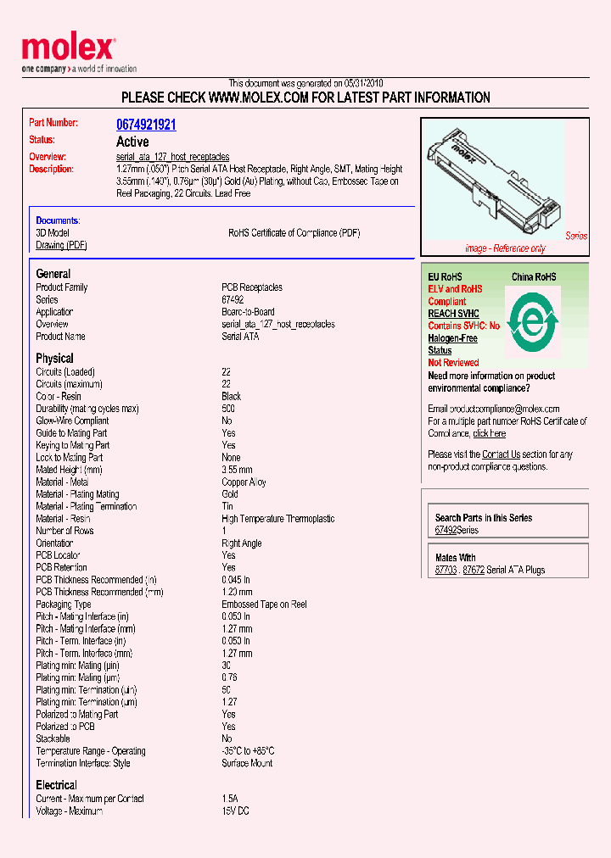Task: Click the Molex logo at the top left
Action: [68, 50]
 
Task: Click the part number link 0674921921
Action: [146, 125]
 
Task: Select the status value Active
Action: [132, 142]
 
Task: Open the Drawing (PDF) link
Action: [61, 245]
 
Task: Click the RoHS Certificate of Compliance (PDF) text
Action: [294, 233]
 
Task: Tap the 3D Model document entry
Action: [53, 233]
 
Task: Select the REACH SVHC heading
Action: [454, 314]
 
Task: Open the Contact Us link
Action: [501, 454]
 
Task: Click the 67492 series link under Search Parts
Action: [446, 530]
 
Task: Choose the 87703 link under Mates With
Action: [446, 571]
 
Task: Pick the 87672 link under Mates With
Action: [474, 571]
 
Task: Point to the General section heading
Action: [53, 274]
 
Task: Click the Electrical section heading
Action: [56, 785]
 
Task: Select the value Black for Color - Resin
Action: [231, 396]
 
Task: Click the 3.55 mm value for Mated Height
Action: [237, 470]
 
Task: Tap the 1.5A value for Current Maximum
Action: [230, 799]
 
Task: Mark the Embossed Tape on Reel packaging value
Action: [264, 604]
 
